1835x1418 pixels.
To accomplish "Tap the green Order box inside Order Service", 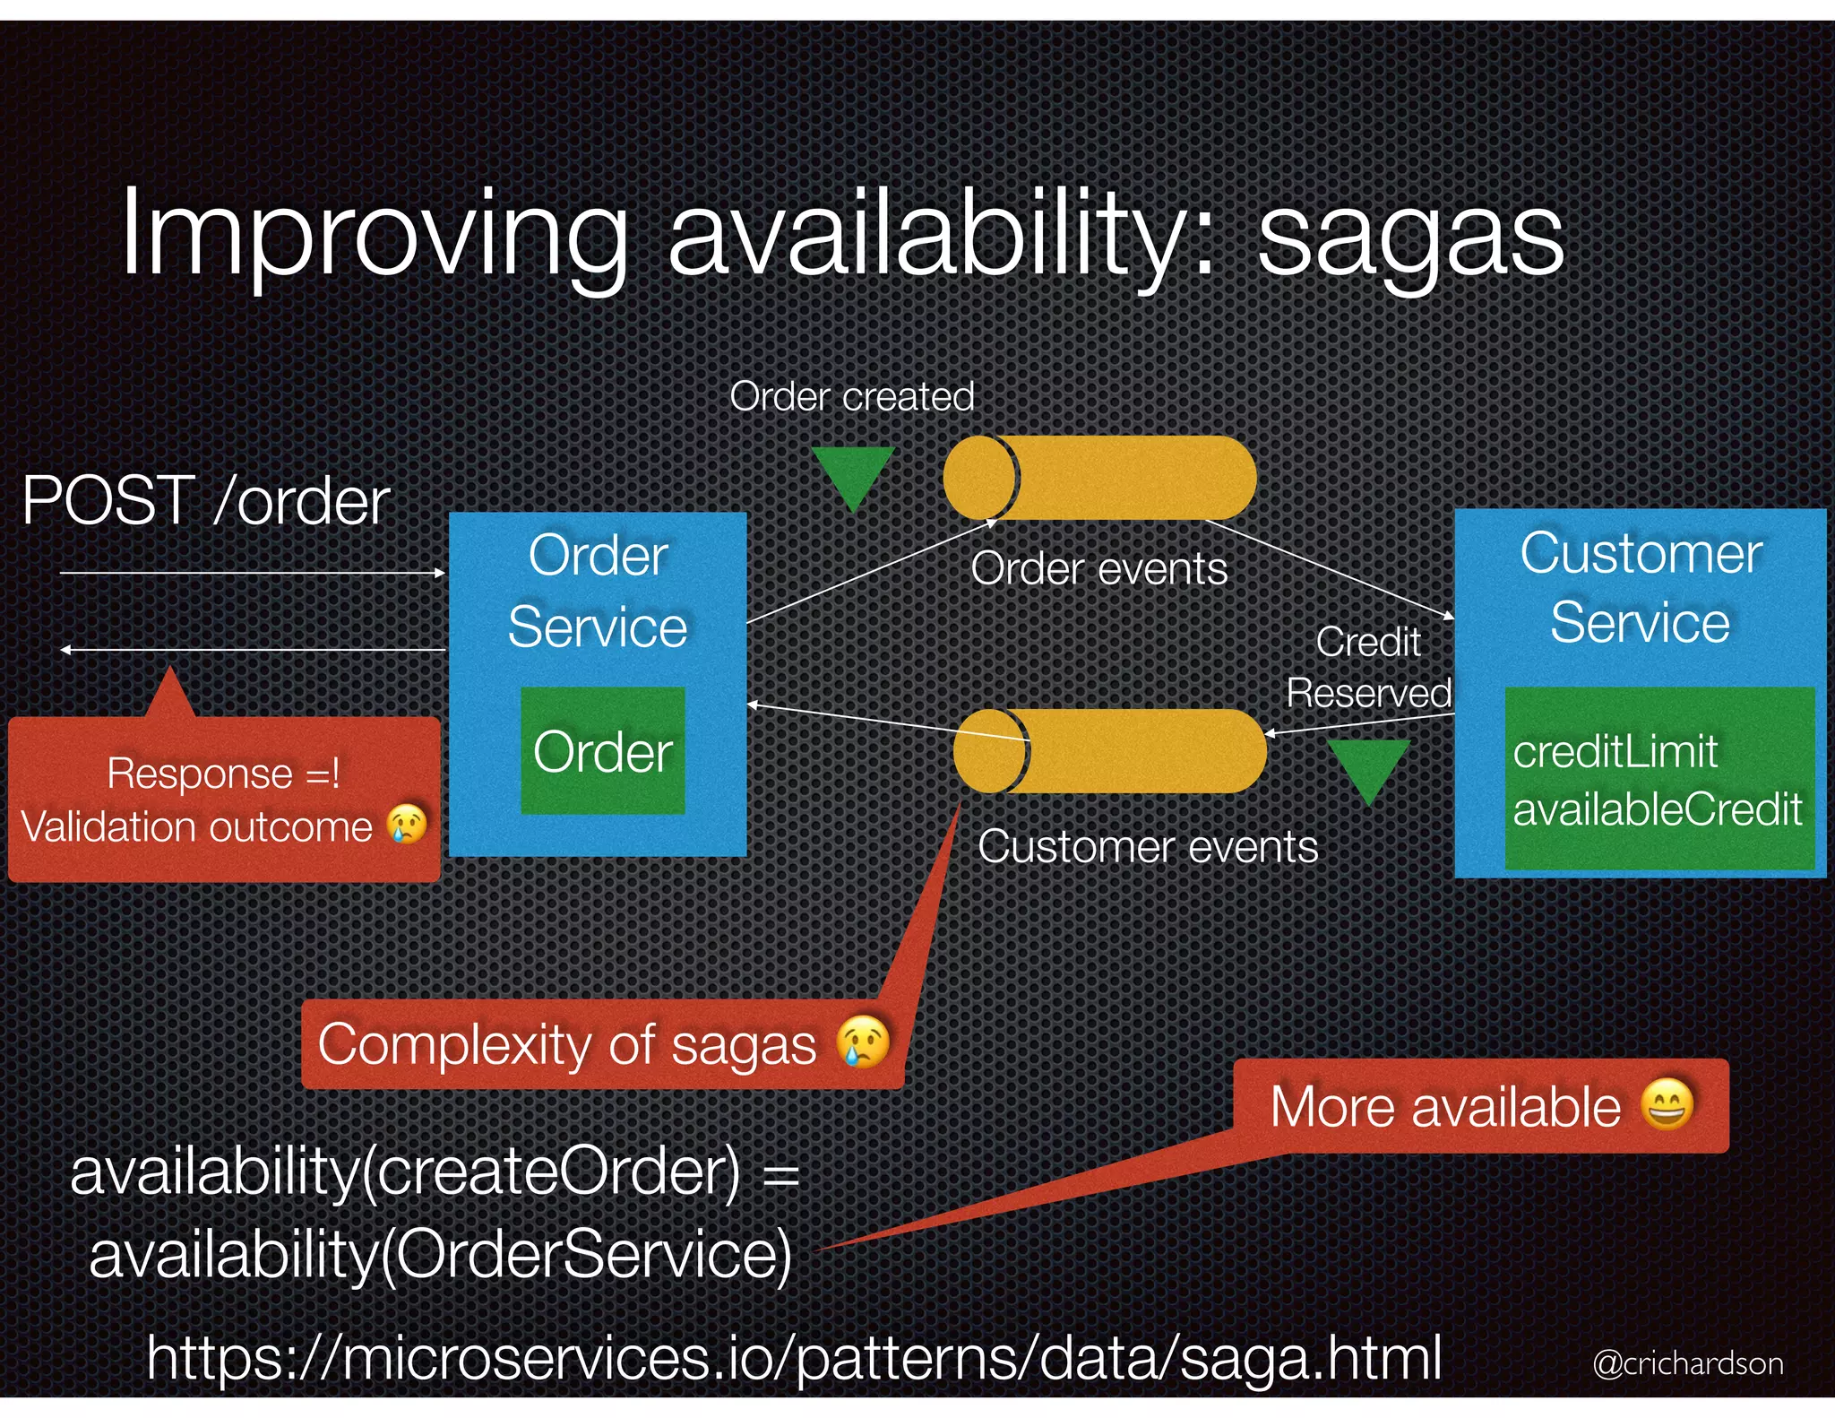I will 603,751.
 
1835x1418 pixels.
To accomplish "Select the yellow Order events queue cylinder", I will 1100,478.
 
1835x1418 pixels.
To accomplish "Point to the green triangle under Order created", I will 853,475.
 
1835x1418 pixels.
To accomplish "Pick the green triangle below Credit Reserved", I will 1368,767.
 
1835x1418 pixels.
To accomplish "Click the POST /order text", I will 206,500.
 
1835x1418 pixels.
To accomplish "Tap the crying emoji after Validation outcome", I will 407,824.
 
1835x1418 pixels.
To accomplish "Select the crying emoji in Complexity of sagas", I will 863,1042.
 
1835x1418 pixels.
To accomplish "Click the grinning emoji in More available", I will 1667,1104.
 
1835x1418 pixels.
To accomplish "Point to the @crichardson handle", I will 1687,1363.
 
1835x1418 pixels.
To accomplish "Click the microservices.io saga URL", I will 794,1357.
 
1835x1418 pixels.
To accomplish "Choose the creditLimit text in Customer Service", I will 1615,751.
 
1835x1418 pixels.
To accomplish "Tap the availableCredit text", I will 1658,809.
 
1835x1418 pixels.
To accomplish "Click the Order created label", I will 851,396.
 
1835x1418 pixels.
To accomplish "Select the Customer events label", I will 1148,846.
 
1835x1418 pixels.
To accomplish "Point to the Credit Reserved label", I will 1368,668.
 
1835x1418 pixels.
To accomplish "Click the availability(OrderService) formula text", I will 441,1254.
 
